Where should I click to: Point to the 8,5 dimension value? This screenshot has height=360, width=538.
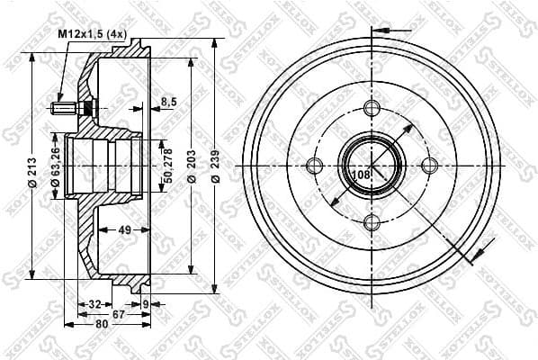tap(168, 101)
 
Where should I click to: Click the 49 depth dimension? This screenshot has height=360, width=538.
tap(125, 229)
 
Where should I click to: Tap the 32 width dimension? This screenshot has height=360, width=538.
tap(94, 303)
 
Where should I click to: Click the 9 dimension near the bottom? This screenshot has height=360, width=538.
tap(146, 303)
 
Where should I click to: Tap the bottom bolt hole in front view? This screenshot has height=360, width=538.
tap(372, 222)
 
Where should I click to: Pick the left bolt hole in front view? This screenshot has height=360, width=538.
tap(314, 166)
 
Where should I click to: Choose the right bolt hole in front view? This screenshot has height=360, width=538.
tap(428, 165)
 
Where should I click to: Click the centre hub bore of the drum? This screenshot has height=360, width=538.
tap(371, 165)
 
